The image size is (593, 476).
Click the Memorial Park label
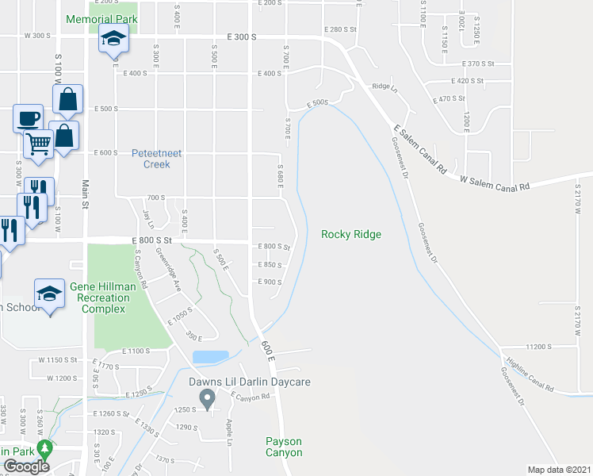101,19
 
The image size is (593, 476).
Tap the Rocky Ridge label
351,234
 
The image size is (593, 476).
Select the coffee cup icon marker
28,118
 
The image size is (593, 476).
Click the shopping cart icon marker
38,144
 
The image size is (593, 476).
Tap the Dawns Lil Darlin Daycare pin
208,398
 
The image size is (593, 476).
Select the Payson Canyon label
284,447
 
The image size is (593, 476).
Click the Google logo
26,466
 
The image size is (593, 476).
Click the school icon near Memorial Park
113,38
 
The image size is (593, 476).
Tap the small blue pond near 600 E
210,357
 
